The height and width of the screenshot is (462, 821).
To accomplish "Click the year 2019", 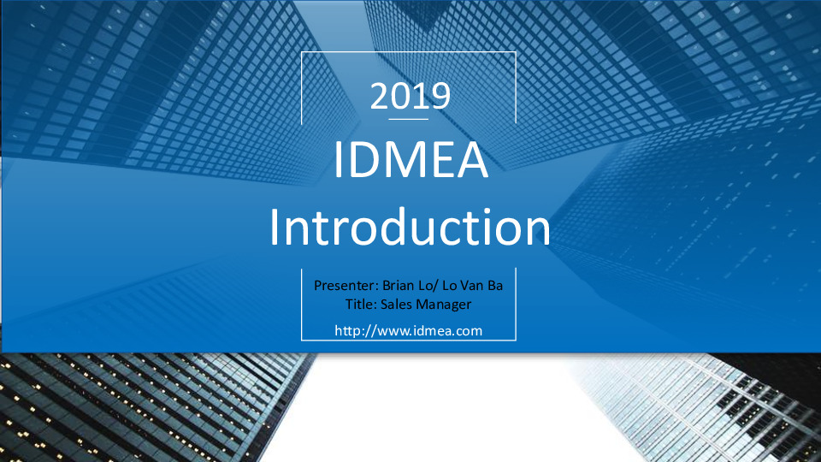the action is tap(410, 96).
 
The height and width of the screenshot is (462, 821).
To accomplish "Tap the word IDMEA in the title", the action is tap(411, 160).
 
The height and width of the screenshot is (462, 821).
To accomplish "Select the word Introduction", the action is tap(410, 227).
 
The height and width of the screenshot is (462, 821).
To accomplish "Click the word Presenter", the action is tap(346, 286).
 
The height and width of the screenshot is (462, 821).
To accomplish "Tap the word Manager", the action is tap(444, 305).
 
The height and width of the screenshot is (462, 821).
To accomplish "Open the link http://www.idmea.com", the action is tap(409, 331).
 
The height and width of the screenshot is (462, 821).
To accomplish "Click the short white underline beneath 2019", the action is tap(409, 120).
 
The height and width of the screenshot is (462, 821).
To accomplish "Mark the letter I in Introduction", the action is tap(274, 227).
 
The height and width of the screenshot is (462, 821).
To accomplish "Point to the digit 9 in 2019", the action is tap(441, 96).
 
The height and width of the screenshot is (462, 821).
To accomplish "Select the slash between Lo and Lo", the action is tap(435, 286).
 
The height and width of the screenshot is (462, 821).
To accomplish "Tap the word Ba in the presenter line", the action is tap(495, 286).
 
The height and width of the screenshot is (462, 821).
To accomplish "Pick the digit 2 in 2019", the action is tap(380, 96).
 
